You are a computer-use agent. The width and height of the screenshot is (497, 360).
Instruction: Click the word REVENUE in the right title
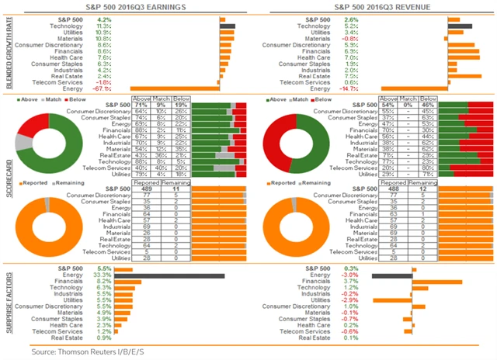point(388,6)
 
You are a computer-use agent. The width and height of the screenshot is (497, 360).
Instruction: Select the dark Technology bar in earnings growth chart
point(227,26)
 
